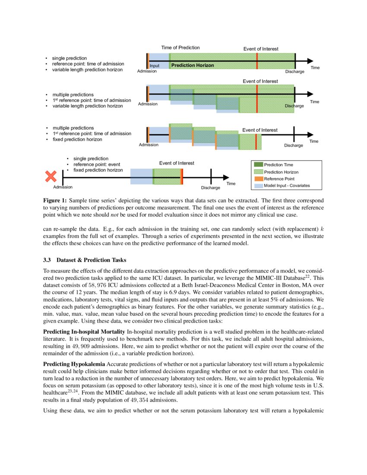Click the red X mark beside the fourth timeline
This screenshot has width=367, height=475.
click(x=51, y=176)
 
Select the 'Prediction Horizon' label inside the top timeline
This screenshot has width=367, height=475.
click(x=193, y=65)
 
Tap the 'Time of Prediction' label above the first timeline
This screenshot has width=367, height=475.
click(x=180, y=47)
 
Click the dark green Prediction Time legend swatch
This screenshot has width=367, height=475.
click(x=258, y=165)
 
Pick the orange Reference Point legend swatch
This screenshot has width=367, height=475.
click(x=258, y=179)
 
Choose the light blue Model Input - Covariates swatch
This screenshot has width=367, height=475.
click(x=258, y=186)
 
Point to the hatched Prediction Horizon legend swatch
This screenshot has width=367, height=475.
click(x=258, y=172)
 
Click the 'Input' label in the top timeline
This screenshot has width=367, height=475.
click(x=155, y=66)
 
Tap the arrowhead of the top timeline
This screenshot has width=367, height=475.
click(x=310, y=61)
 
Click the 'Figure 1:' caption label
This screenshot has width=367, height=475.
click(x=55, y=201)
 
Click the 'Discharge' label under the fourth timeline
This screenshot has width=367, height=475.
click(x=211, y=188)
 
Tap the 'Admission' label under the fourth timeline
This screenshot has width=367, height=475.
click(x=63, y=187)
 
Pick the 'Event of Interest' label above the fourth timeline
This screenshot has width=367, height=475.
click(x=177, y=163)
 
